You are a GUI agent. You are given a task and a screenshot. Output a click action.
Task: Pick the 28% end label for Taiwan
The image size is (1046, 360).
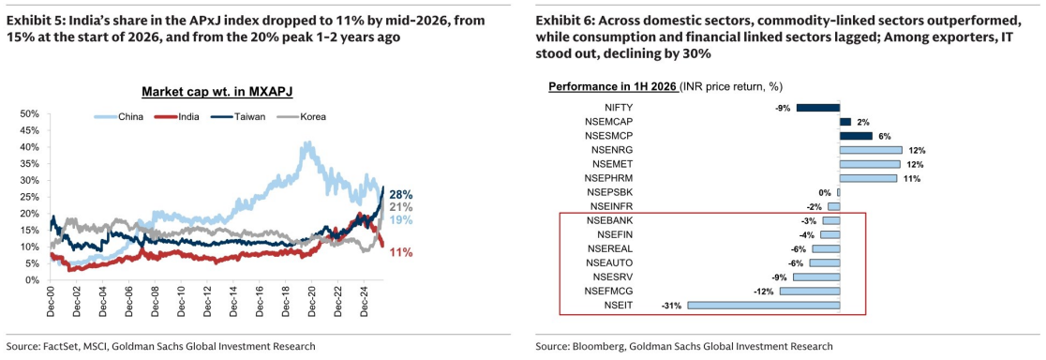[x=401, y=195]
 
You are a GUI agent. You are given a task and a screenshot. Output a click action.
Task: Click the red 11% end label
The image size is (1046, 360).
[x=401, y=252]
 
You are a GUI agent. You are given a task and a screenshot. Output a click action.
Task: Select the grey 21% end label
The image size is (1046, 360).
[x=401, y=207]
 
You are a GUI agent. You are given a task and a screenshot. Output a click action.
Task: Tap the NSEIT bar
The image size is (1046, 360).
[x=763, y=306]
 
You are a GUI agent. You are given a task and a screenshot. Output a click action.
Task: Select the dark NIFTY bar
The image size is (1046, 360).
[x=818, y=107]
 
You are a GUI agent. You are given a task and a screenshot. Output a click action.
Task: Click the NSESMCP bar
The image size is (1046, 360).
[x=856, y=135]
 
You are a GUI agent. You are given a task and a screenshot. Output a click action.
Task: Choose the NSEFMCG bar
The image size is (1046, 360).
[x=810, y=292]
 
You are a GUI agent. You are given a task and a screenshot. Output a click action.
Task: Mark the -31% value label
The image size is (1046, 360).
[x=671, y=306]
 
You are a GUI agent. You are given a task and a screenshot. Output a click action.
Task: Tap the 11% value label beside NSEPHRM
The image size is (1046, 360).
[x=912, y=178]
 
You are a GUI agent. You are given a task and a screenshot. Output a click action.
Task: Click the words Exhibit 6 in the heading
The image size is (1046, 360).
[x=561, y=22]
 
